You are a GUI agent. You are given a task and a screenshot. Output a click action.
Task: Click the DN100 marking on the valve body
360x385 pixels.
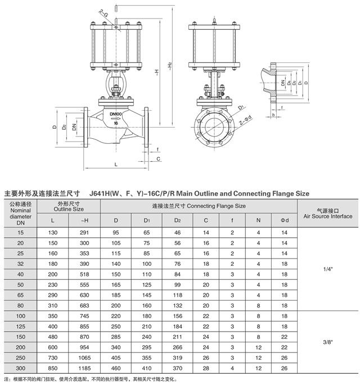point(116,115)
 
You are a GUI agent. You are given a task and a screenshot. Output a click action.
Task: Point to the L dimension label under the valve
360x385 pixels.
point(115,165)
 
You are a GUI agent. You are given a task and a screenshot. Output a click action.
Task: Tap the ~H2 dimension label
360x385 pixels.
point(170,67)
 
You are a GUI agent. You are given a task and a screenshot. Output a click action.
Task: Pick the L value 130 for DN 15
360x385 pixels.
point(53,232)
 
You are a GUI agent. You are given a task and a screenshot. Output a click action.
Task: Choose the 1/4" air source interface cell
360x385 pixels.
point(328,269)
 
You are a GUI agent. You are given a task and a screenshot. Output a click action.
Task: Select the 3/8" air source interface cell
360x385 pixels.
point(328,339)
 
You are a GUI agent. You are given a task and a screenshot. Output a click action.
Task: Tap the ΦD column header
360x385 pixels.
point(284,220)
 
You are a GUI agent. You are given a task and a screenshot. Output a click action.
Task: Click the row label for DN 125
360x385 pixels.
point(21,326)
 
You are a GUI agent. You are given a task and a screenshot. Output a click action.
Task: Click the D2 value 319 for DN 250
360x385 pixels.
point(177,356)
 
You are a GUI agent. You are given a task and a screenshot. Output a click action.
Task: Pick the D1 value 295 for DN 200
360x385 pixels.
point(146,346)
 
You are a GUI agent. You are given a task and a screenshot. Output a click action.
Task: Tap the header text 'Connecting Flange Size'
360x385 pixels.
point(217,207)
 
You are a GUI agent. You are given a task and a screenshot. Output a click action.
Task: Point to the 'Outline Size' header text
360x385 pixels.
point(69,209)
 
